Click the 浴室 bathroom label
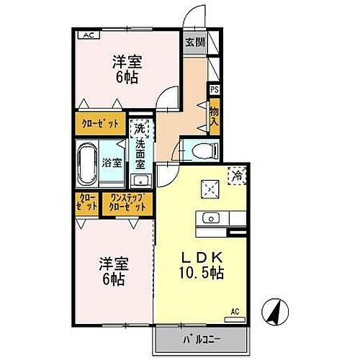pos(112,163)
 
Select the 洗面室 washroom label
pos(140,152)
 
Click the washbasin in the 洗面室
pos(140,180)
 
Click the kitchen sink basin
pos(210,217)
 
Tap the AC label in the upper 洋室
pos(87,35)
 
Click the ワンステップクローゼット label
pos(127,202)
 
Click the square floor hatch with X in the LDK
pos(209,187)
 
